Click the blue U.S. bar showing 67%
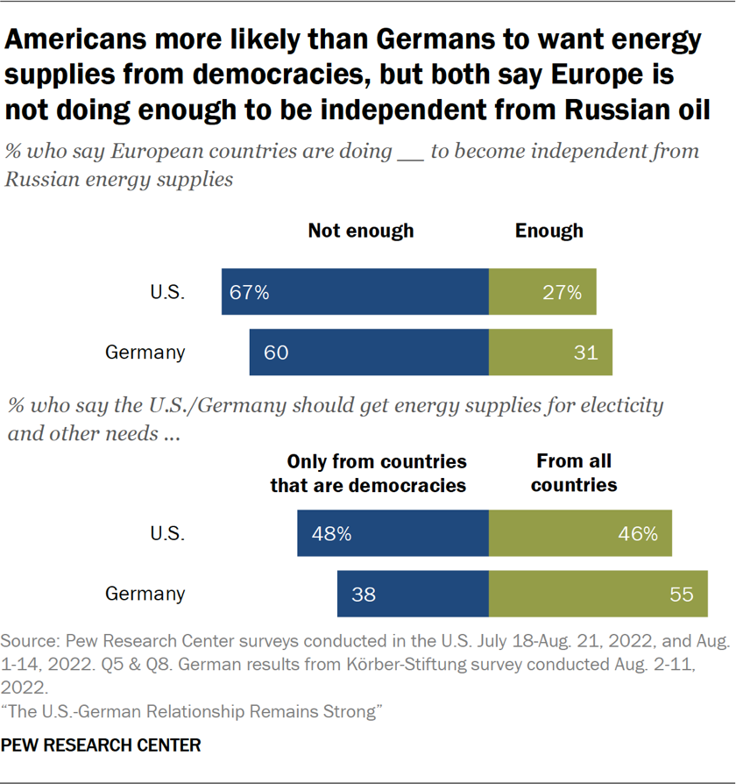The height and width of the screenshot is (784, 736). coord(355,292)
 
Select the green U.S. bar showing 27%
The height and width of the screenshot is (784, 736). coord(542,292)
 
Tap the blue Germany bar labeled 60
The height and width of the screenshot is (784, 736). coord(369,353)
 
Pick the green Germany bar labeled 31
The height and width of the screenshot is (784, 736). coord(550,353)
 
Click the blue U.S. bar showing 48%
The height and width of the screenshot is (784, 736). coord(393,533)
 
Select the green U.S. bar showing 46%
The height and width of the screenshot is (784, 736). coord(580,533)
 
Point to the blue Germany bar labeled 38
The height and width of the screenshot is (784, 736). coord(413,594)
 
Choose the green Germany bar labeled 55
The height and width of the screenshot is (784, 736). coord(598,594)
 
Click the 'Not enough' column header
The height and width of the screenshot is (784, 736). coord(360,231)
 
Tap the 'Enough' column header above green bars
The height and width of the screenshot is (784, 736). coord(548,231)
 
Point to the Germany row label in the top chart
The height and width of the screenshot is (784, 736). coord(145,353)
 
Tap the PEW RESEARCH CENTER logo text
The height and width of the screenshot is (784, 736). coord(103,745)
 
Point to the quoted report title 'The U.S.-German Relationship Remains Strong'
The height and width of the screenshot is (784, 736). coord(193,712)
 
